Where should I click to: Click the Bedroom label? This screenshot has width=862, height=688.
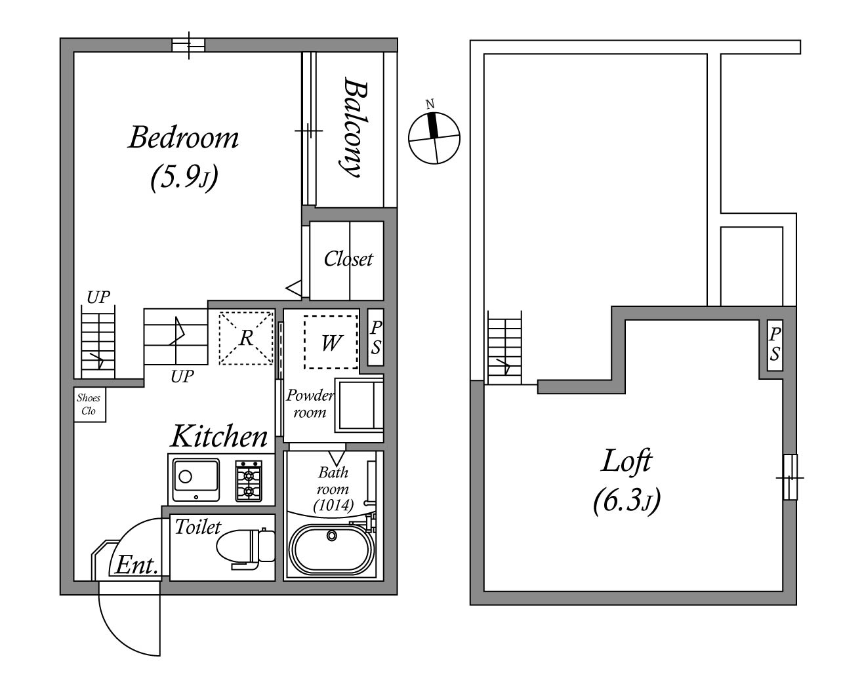coord(184,138)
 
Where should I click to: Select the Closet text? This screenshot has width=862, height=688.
coord(348,259)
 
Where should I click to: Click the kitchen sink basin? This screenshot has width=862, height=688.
coord(196,480)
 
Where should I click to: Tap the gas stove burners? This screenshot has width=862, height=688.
coord(249,481)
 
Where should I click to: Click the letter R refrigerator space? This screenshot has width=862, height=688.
coord(246,338)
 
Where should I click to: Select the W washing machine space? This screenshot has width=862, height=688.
coord(331,342)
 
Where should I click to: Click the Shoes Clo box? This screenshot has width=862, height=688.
coord(90,405)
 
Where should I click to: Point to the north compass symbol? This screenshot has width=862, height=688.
coord(434,138)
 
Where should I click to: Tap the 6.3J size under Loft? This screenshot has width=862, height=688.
coord(626,501)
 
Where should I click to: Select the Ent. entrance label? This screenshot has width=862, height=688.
coord(136,565)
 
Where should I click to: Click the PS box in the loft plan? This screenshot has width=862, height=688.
coord(775,345)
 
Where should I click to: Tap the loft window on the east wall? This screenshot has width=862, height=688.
coord(790,477)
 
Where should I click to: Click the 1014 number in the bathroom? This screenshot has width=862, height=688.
coord(333,506)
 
